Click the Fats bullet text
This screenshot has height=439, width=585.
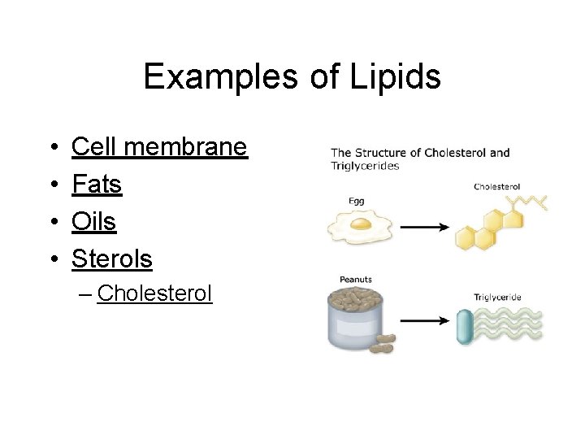97,185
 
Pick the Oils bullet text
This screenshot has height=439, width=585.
94,222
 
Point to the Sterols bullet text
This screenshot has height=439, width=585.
112,259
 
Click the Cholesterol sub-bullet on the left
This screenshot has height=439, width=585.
154,293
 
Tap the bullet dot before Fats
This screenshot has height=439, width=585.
51,185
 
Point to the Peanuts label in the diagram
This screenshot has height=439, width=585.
355,280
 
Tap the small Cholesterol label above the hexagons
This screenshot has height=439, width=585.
496,187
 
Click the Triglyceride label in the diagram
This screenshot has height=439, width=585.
496,298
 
